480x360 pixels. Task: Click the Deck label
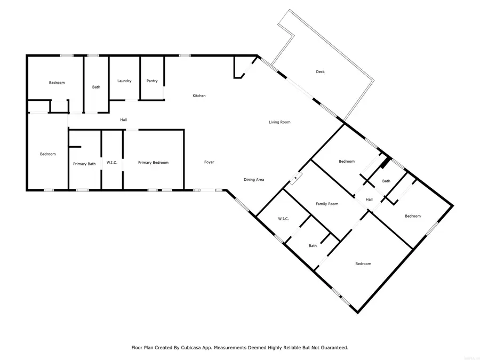tap(320, 72)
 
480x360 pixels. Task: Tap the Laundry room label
tap(124, 81)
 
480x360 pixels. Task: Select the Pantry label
tap(152, 81)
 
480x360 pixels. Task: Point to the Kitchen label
tap(199, 96)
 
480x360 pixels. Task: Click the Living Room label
tap(279, 123)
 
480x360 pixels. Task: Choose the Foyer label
tap(209, 162)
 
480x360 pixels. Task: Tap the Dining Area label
tap(254, 180)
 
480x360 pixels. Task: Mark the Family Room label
tap(327, 204)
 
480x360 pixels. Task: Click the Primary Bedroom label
tap(153, 163)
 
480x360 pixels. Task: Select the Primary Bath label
tap(84, 164)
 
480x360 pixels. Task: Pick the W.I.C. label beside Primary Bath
tap(112, 163)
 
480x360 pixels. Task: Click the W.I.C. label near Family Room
tap(283, 219)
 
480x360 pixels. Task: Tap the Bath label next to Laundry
tap(96, 87)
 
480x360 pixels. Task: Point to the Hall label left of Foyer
tap(123, 120)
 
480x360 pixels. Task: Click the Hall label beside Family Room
tap(369, 200)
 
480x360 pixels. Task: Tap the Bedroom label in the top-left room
tap(57, 83)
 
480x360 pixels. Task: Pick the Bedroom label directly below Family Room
tap(363, 264)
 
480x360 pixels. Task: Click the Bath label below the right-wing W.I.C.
tap(313, 246)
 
